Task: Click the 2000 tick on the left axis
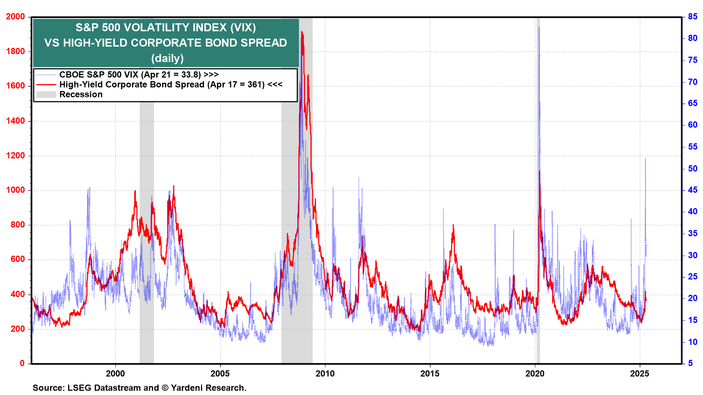click(x=15, y=17)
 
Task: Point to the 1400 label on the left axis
click(x=15, y=121)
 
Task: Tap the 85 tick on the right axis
click(x=692, y=17)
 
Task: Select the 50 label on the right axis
click(x=692, y=169)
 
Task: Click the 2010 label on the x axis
click(x=325, y=373)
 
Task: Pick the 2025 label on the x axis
click(x=640, y=373)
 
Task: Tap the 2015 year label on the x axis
click(x=430, y=373)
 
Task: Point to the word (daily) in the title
click(x=167, y=59)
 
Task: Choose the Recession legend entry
click(x=81, y=94)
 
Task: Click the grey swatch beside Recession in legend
click(x=46, y=94)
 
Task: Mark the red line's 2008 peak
click(x=302, y=32)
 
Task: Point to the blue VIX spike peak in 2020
click(x=539, y=27)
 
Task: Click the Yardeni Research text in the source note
click(x=208, y=388)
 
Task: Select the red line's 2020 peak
click(x=539, y=171)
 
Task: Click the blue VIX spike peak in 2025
click(x=645, y=159)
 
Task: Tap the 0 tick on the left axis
click(x=22, y=364)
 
